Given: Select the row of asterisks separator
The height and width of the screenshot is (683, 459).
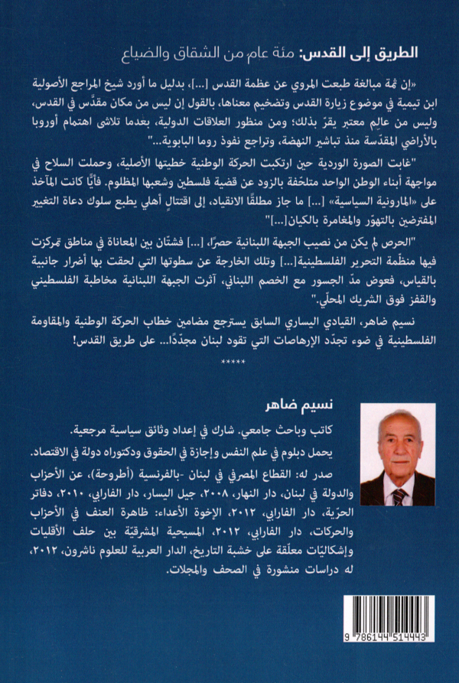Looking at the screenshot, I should click(232, 359).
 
